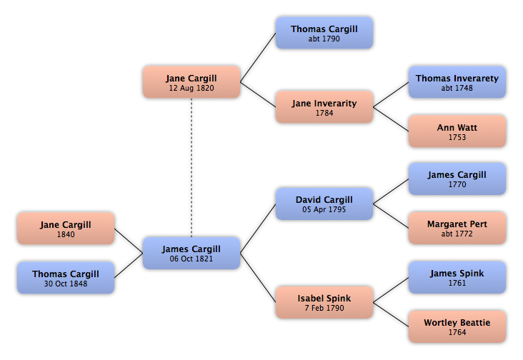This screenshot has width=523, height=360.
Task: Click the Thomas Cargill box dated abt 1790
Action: point(324,33)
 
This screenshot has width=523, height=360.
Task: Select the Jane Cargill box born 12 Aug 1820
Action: point(191,82)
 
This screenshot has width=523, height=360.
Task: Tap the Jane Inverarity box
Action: point(324,107)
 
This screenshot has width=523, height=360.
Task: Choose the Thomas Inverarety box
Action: point(457,82)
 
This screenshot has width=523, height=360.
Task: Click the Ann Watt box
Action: point(457,131)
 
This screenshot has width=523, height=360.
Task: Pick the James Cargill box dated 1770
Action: point(457,179)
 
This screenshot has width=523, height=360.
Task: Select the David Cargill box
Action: point(324,204)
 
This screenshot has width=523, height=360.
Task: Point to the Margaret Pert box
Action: point(457,228)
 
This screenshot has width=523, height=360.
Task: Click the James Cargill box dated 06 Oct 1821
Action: point(191,253)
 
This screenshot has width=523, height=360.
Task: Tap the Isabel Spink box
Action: point(324,302)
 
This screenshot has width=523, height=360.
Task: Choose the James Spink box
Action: point(457,277)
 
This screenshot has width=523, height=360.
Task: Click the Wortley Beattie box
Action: point(457,326)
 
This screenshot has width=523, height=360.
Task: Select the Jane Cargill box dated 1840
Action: point(66,229)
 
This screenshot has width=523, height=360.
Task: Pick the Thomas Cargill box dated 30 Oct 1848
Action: point(66,278)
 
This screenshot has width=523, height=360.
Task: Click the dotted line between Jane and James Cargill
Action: point(191,168)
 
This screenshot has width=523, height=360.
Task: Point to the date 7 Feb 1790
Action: point(324,308)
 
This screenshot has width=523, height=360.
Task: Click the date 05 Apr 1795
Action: point(324,209)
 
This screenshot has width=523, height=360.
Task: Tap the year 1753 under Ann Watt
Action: point(457,137)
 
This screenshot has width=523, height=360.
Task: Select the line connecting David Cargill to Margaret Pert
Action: point(391,216)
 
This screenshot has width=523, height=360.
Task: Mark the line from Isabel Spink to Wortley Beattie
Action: point(391,315)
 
